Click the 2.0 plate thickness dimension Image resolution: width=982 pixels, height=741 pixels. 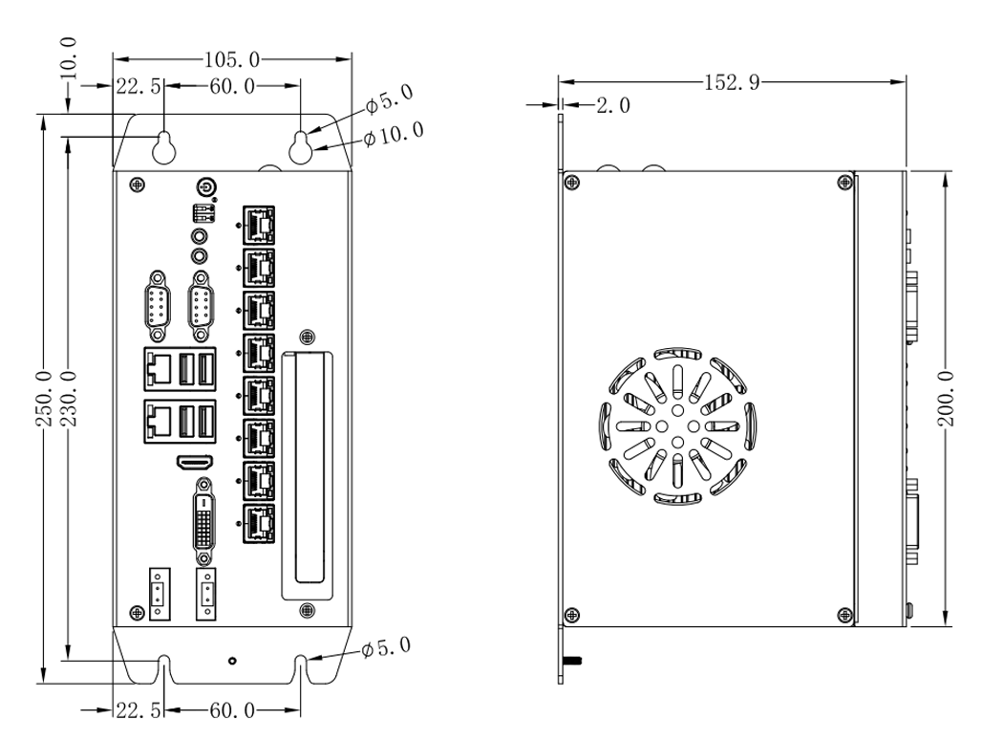[x=612, y=106]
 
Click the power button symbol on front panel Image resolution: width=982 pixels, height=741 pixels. [x=203, y=186]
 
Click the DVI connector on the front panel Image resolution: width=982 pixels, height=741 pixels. [x=203, y=524]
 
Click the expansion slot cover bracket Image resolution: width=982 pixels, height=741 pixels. [x=308, y=469]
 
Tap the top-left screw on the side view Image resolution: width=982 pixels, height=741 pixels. [x=571, y=183]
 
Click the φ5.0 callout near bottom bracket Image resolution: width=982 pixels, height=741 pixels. [x=387, y=650]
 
